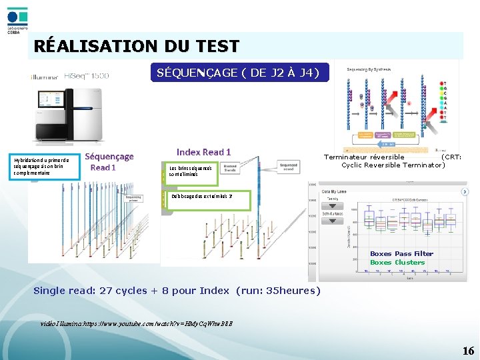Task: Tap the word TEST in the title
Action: [x=215, y=47]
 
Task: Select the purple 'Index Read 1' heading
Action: [x=204, y=153]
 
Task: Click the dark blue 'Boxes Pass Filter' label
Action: [x=401, y=253]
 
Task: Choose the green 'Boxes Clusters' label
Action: [x=397, y=262]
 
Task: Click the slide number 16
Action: [x=468, y=351]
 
